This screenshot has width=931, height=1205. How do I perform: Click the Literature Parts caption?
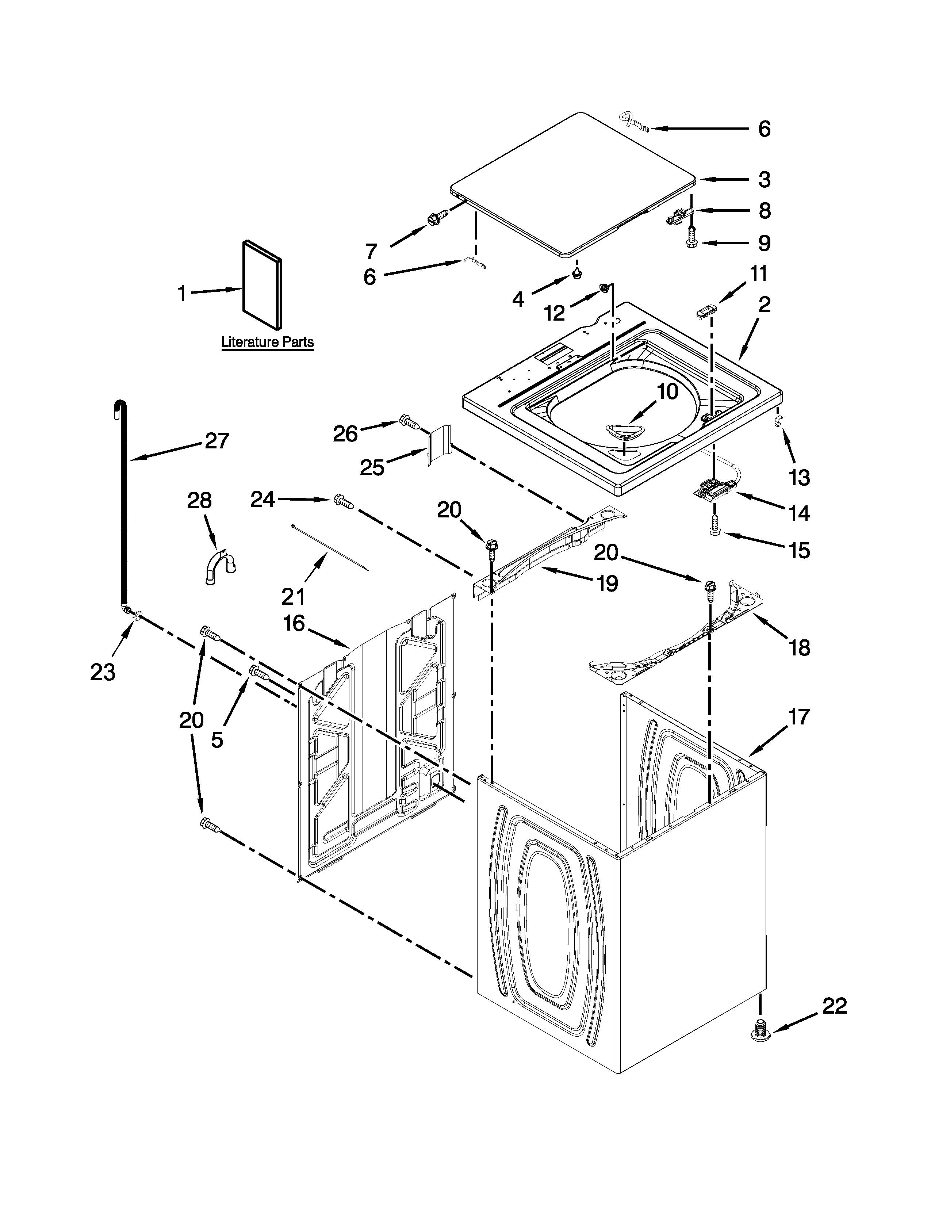coord(268,342)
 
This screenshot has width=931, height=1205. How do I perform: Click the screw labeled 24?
coord(344,501)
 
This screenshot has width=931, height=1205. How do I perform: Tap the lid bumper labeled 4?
coord(577,273)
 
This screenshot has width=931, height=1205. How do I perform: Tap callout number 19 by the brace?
coord(607,583)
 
